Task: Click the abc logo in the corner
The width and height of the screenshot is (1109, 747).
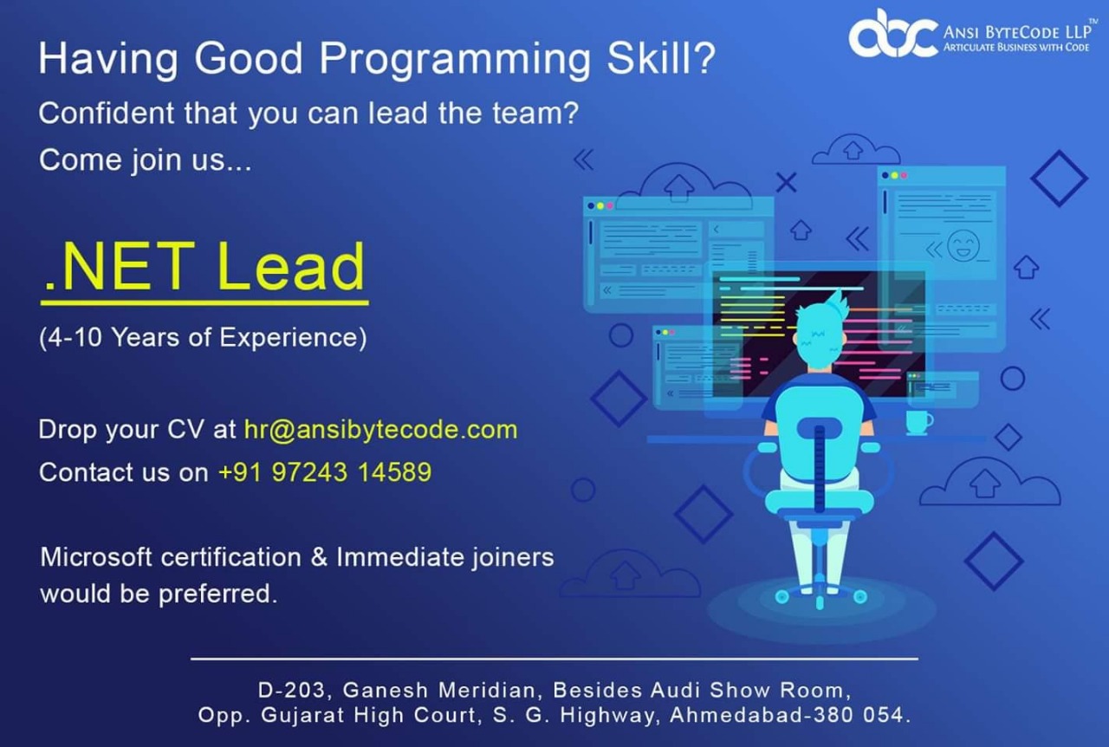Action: tap(892, 34)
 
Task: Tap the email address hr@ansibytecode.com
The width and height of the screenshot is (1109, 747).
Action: tap(380, 429)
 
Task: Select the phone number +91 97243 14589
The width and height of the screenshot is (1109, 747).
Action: tap(325, 472)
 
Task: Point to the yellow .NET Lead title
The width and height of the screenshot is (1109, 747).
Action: tap(204, 267)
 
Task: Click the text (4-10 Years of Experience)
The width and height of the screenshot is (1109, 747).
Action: tap(203, 337)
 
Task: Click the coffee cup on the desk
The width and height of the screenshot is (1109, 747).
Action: tap(918, 422)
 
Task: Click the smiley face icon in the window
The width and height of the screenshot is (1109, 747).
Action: tap(962, 244)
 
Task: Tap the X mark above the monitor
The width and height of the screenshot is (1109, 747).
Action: tap(786, 182)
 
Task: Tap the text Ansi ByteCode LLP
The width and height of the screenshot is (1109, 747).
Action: tap(1016, 32)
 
